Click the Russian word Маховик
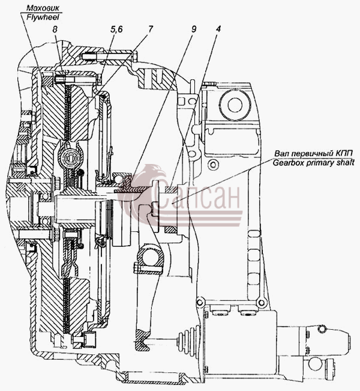coord(43,8)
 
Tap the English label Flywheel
coord(43,17)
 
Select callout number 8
coord(55,29)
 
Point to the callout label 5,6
coord(116,29)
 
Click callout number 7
coord(150,29)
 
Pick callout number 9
coord(194,29)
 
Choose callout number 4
coord(218,29)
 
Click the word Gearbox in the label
coord(289,163)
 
